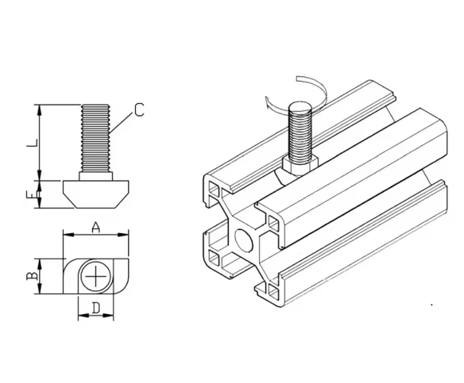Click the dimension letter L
point(29,144)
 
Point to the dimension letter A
point(95,227)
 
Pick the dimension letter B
point(29,276)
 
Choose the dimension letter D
point(95,308)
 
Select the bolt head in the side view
point(95,191)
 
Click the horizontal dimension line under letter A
point(95,236)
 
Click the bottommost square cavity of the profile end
point(274,293)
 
